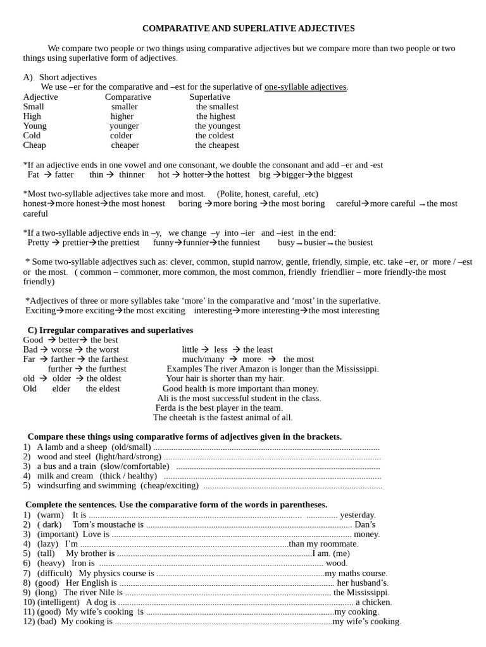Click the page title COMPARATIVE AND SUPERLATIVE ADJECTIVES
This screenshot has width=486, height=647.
pos(248,28)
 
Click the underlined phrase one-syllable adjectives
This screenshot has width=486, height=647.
pos(306,87)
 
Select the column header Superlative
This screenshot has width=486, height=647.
pos(209,97)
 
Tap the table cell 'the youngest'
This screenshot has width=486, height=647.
pos(217,126)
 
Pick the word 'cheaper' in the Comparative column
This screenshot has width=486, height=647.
pos(125,145)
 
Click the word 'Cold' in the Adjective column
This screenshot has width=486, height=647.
pos(32,135)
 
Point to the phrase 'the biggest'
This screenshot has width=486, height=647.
pos(333,174)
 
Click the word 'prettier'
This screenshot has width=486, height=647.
pos(75,243)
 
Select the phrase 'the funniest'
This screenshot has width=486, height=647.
pos(239,243)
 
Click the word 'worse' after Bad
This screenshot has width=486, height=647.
pos(62,349)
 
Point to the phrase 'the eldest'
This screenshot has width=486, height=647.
pos(103,389)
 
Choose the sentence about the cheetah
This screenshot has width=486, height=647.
pos(223,418)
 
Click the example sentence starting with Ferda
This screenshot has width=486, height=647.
pos(219,408)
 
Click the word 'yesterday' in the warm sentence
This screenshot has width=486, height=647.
pos(357,515)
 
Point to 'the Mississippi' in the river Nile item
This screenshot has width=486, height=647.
pos(361,593)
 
